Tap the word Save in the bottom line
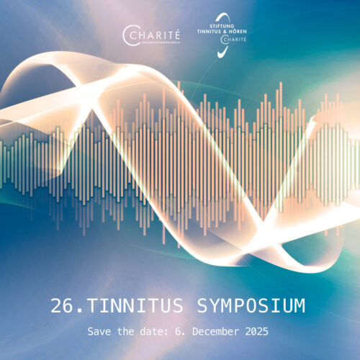100,333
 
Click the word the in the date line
128,333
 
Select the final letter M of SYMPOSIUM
297,306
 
